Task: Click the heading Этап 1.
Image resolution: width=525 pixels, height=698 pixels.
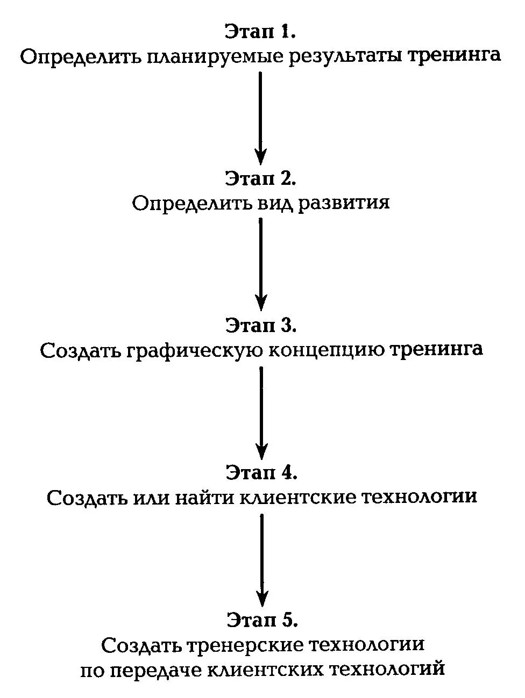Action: pos(261,32)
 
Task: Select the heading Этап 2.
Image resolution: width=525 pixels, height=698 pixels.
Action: pos(261,179)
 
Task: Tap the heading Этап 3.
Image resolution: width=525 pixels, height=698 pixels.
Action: pos(261,326)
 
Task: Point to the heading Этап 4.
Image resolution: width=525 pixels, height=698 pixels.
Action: pos(261,472)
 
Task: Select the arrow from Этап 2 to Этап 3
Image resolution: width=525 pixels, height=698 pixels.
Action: pos(261,263)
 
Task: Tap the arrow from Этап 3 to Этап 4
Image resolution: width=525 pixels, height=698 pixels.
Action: pos(261,411)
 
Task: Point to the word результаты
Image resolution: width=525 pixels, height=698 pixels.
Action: pos(345,56)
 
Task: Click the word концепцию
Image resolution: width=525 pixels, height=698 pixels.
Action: pos(325,350)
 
